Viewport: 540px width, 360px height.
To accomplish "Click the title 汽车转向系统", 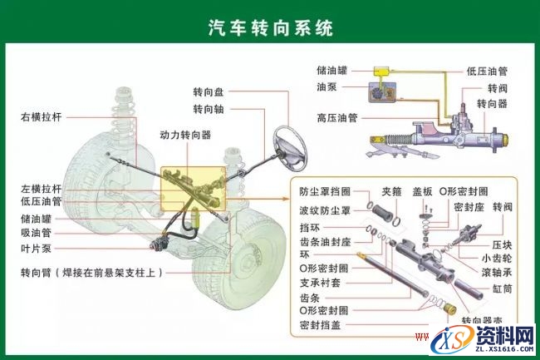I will pyautogui.click(x=270, y=28).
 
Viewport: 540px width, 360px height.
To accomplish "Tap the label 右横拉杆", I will pyautogui.click(x=42, y=117).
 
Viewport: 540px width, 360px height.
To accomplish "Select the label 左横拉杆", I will pyautogui.click(x=42, y=190).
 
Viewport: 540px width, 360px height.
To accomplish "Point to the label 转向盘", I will pyautogui.click(x=209, y=92).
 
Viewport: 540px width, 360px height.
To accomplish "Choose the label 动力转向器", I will pyautogui.click(x=185, y=134).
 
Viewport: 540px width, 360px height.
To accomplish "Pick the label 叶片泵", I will pyautogui.click(x=37, y=248).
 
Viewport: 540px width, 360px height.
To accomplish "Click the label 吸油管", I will pyautogui.click(x=37, y=233).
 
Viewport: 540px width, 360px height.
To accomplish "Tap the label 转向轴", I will pyautogui.click(x=209, y=109).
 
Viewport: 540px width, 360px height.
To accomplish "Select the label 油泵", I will pyautogui.click(x=327, y=86).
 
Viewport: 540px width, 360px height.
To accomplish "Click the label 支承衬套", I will pyautogui.click(x=319, y=283).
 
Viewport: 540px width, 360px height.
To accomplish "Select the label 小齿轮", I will pyautogui.click(x=505, y=259).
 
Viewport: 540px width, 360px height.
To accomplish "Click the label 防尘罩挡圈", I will pyautogui.click(x=325, y=191).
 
